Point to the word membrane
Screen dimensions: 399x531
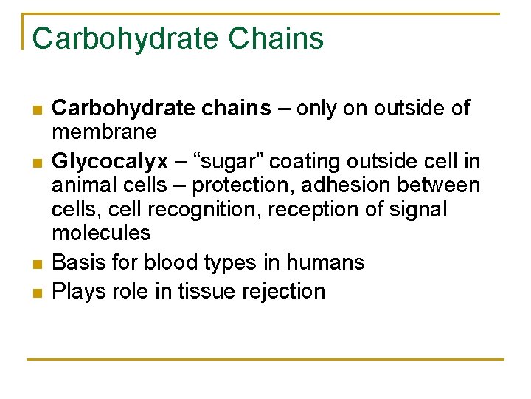point(104,132)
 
